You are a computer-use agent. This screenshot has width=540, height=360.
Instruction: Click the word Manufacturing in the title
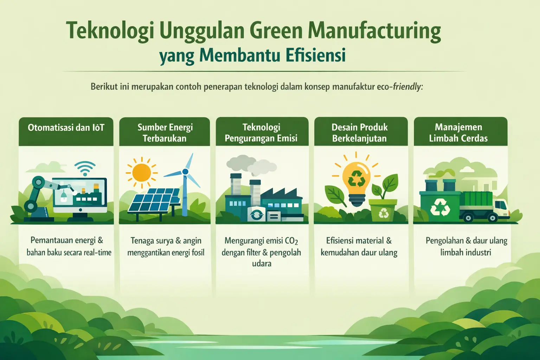pos(374,31)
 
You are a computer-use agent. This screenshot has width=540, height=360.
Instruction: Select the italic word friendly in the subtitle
pos(406,86)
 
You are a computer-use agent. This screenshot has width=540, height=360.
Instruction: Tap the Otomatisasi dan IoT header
pos(66,127)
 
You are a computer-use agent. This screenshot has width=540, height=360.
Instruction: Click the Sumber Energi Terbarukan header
pos(165,133)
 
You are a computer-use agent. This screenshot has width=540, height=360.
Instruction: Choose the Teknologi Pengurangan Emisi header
pos(261,133)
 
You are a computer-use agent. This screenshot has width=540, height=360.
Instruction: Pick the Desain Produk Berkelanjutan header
pos(360,133)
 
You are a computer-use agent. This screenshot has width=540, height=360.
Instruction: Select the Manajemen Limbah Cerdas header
pos(458,133)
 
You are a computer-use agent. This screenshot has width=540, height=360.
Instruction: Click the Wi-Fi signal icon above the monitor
pos(84,168)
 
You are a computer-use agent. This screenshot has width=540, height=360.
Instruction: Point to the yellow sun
pos(142,172)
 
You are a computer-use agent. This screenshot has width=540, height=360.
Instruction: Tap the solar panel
pos(154,201)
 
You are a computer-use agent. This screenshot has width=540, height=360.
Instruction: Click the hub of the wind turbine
pos(185,172)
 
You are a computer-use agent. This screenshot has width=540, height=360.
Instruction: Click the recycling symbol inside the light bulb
pos(356,179)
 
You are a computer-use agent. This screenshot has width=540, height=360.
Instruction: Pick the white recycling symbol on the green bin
pos(440,207)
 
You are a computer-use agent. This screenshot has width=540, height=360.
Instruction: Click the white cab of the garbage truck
pos(501,207)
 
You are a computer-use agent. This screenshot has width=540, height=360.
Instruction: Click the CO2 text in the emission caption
pos(291,241)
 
